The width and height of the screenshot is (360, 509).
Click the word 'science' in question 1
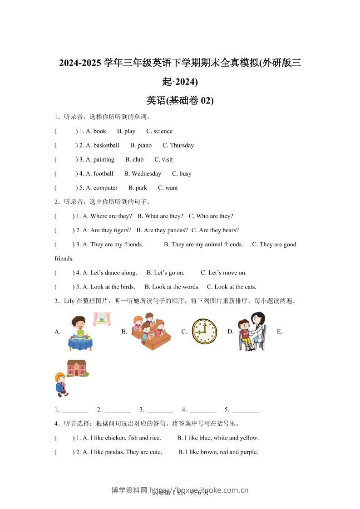pyautogui.click(x=163, y=131)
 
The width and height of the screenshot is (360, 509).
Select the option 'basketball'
pyautogui.click(x=106, y=145)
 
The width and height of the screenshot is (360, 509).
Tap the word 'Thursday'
pyautogui.click(x=182, y=145)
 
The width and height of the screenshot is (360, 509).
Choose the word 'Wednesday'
pyautogui.click(x=146, y=173)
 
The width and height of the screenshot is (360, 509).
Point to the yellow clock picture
pyautogui.click(x=204, y=331)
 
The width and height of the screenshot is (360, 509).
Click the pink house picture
pyautogui.click(x=77, y=368)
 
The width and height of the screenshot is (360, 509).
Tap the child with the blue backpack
pyautogui.click(x=60, y=384)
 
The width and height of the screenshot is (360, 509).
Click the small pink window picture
pyautogui.click(x=102, y=319)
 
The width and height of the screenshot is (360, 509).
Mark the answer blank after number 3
pyautogui.click(x=160, y=410)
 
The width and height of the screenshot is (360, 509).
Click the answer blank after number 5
pyautogui.click(x=245, y=410)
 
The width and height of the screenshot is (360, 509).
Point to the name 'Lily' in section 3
pyautogui.click(x=69, y=301)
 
